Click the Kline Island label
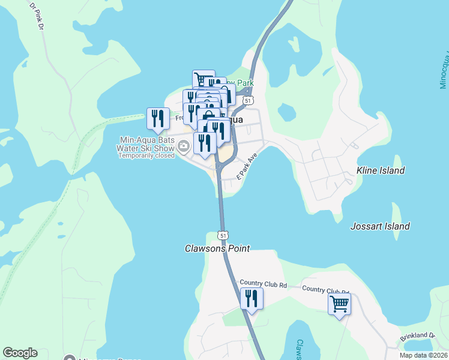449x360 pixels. [x=381, y=170]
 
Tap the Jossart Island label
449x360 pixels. [x=380, y=226]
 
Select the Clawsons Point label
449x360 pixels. [x=217, y=248]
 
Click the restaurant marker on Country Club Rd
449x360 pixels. [x=252, y=298]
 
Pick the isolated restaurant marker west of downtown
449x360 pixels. [x=158, y=118]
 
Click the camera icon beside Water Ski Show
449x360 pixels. [x=184, y=144]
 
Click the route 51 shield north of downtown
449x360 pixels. [x=248, y=100]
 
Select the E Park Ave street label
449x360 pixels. [x=247, y=167]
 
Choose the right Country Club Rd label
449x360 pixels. [x=325, y=289]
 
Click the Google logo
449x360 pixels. [x=20, y=353]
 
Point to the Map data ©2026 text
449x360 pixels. [x=423, y=355]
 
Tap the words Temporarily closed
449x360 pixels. [x=146, y=155]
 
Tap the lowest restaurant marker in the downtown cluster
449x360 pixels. [x=205, y=143]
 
